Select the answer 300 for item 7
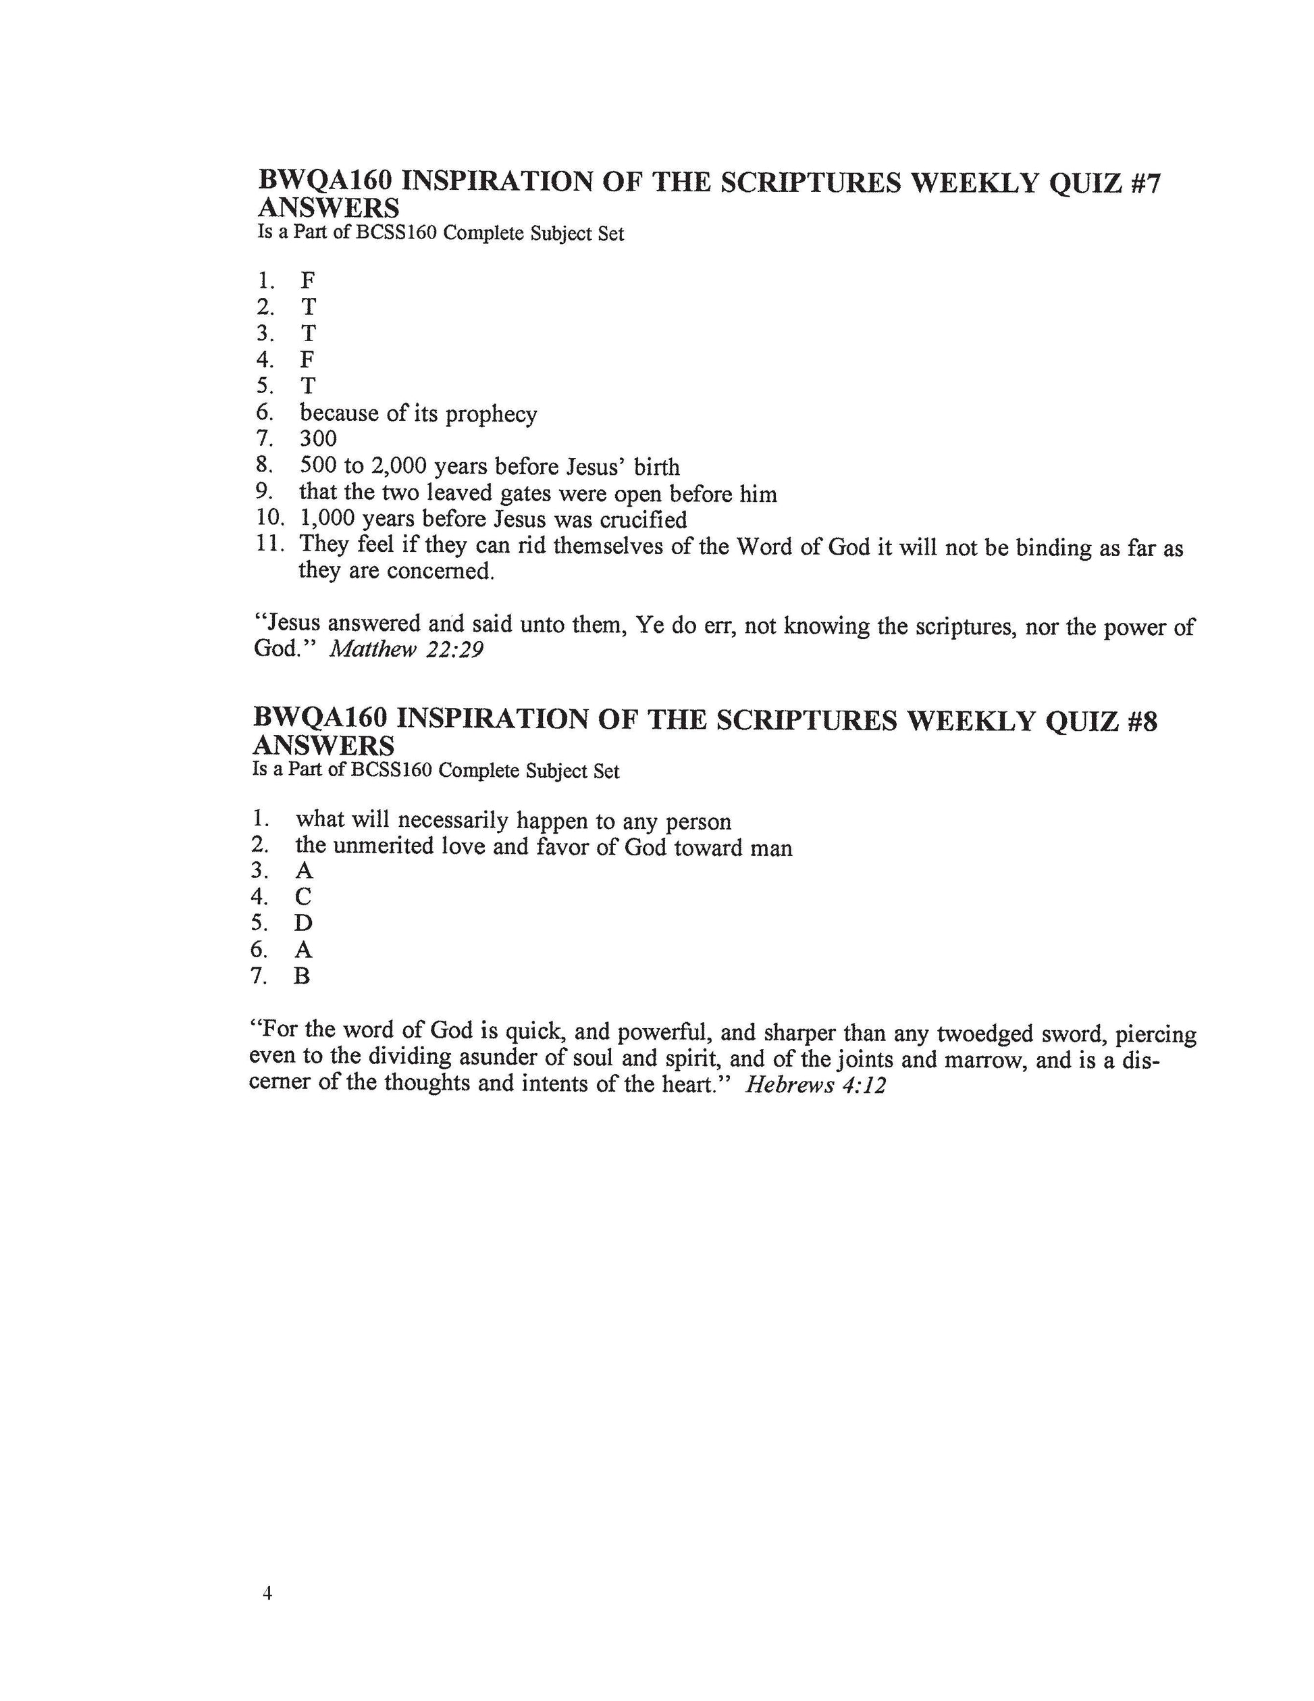(x=319, y=438)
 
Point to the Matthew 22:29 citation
(x=406, y=649)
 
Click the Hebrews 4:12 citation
(x=815, y=1085)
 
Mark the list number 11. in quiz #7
(x=269, y=544)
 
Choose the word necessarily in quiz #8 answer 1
(x=453, y=821)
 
